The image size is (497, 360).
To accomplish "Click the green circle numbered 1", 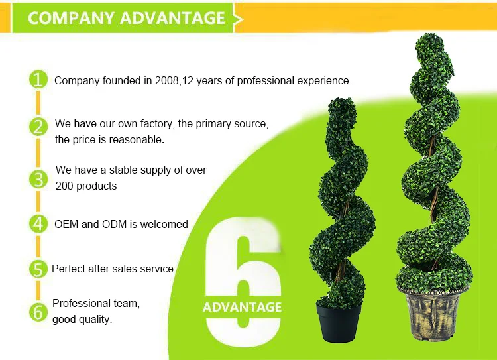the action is [x=38, y=80].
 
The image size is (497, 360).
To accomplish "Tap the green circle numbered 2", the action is [x=38, y=127].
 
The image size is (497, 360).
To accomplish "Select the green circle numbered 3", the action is [x=38, y=179].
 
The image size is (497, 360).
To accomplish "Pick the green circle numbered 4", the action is [x=38, y=224].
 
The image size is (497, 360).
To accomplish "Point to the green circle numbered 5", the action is [x=38, y=269].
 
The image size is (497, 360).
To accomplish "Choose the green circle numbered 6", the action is [x=38, y=312].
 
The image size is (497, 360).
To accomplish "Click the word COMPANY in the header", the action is [x=71, y=18].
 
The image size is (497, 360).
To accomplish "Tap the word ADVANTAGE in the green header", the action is [x=172, y=18].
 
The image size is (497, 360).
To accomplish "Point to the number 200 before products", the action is [x=64, y=186].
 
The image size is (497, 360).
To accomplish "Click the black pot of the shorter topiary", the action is [x=339, y=324].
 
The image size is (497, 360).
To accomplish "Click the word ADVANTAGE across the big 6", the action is [x=242, y=307].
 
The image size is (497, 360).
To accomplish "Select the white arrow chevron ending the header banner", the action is [x=238, y=19].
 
